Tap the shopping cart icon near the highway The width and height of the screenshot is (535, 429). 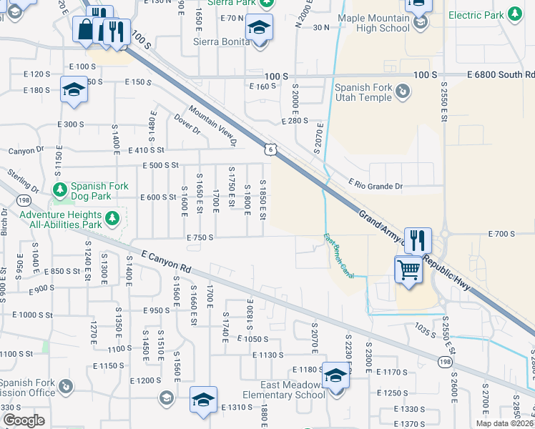pos(408,270)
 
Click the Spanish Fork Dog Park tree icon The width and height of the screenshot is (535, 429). pos(61,189)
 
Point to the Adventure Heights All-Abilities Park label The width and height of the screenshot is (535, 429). pos(61,219)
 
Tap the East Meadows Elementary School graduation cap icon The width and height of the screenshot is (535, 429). pos(335,375)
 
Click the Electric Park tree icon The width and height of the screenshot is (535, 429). pos(514,14)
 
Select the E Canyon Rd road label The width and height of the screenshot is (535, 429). pos(167,261)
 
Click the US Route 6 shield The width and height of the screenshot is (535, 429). pos(269,149)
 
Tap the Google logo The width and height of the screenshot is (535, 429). pos(24,420)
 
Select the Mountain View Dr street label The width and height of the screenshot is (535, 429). pos(212,127)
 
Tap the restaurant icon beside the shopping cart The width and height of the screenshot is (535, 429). pos(418,240)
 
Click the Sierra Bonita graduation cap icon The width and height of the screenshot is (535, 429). pos(259,29)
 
